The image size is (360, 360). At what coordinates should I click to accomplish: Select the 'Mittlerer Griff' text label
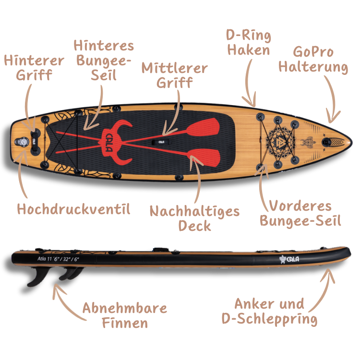pos(174,75)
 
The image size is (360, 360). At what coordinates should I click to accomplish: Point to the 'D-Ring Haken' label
pos(249,43)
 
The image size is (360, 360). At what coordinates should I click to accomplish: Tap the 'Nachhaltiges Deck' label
pos(194,218)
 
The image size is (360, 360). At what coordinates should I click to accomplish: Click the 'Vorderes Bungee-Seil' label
pos(300,214)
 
